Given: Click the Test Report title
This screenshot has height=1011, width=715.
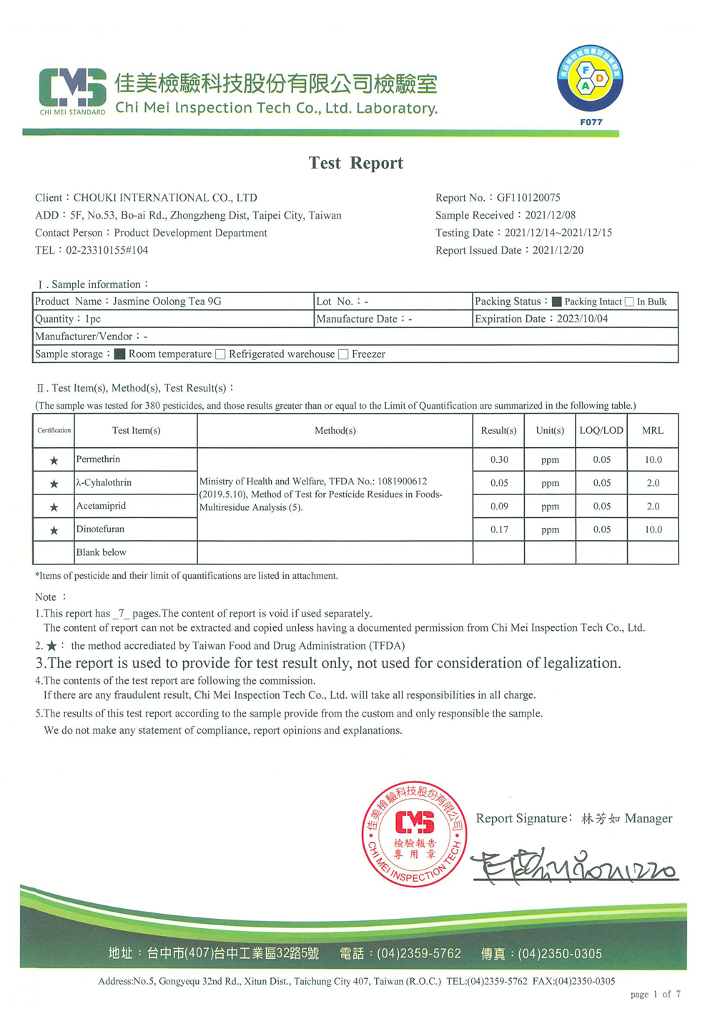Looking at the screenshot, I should (x=355, y=163).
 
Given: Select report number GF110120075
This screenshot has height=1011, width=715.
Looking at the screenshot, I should (x=528, y=197).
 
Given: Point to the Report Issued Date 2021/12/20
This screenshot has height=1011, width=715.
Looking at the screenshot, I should (x=558, y=250).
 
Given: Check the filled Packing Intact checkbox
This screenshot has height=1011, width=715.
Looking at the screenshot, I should (x=557, y=302).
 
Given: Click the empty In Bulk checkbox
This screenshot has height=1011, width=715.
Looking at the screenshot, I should (x=629, y=302).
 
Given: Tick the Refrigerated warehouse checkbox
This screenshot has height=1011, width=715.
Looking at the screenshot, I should (x=220, y=354).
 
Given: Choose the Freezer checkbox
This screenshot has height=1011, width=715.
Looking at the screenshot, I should (x=343, y=354).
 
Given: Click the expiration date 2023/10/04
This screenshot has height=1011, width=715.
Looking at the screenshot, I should (x=582, y=319).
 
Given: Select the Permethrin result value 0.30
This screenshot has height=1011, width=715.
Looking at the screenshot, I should (x=499, y=460).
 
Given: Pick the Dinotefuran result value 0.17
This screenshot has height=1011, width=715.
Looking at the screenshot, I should (x=499, y=529).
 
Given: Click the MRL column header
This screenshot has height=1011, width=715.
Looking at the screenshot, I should (x=653, y=430).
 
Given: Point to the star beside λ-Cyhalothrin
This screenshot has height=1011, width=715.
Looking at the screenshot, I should (x=54, y=484).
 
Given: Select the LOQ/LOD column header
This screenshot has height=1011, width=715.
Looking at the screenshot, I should (x=601, y=430).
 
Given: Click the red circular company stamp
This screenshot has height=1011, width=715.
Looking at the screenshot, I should (x=415, y=834).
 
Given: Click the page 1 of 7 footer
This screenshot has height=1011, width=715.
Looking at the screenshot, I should (x=655, y=994).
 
